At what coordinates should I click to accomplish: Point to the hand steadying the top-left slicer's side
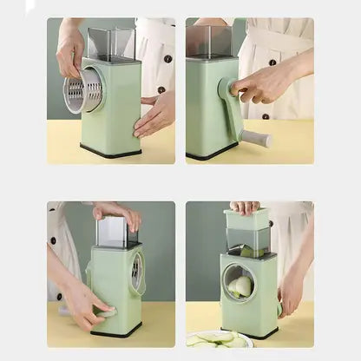pyautogui.click(x=154, y=114)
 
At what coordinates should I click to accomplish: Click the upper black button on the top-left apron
pyautogui.click(x=167, y=59)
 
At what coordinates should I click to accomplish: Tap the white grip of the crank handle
pyautogui.click(x=257, y=138)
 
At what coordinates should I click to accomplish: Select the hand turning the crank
pyautogui.click(x=265, y=83)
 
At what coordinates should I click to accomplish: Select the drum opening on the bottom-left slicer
pyautogui.click(x=136, y=273)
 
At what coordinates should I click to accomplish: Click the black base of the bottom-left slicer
pyautogui.click(x=115, y=331)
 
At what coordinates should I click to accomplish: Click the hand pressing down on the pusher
pyautogui.click(x=245, y=207)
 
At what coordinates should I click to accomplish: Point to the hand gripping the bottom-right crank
pyautogui.click(x=291, y=290)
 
